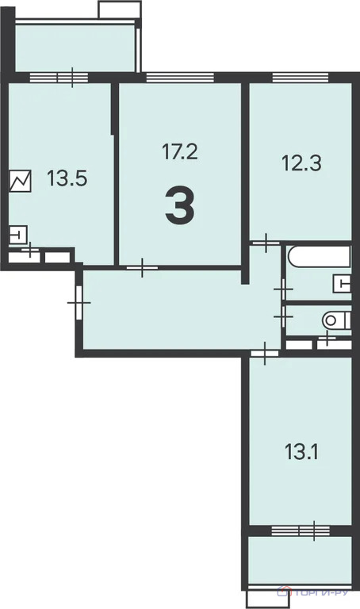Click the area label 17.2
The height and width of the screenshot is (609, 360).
click(179, 151)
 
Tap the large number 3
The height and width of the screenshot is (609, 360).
click(179, 205)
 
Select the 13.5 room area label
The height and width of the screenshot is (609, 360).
click(67, 178)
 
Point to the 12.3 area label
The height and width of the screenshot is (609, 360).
click(301, 163)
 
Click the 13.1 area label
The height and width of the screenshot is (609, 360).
click(301, 452)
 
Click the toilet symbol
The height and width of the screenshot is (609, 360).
click(336, 320)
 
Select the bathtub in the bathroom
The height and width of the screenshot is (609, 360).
click(320, 256)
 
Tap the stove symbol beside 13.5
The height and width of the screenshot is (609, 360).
click(20, 181)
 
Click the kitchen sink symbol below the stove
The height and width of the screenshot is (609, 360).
click(18, 235)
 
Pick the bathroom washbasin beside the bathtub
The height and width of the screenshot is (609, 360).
click(342, 284)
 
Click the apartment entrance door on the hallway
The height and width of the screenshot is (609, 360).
click(79, 302)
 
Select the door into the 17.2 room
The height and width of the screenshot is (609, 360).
click(142, 267)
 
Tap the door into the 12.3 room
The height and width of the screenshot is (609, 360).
click(266, 243)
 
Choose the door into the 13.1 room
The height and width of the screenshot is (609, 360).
click(265, 354)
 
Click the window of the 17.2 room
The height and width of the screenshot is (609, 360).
click(180, 77)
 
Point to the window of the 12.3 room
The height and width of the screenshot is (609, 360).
click(301, 77)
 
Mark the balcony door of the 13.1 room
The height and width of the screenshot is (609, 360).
click(314, 530)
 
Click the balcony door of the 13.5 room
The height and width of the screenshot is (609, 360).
click(72, 77)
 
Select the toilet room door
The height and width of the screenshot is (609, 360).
click(284, 317)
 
